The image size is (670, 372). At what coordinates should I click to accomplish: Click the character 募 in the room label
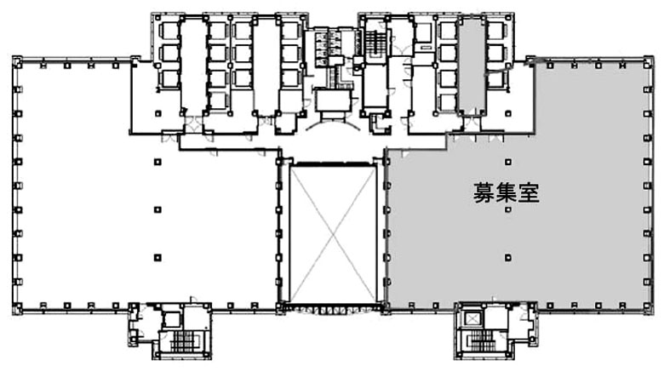point(484,192)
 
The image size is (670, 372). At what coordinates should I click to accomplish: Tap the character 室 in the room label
point(529,192)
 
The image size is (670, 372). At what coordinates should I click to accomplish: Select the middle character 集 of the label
point(507,192)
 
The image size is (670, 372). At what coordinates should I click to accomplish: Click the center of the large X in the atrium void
point(333,233)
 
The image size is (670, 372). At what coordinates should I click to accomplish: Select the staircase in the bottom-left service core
point(185,341)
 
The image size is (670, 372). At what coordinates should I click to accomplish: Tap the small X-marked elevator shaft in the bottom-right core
point(472,318)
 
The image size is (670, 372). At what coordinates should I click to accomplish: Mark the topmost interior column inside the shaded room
point(508,162)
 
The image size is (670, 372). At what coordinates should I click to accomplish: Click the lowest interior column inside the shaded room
point(508,258)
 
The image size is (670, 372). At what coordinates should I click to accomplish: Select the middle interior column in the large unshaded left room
point(157,209)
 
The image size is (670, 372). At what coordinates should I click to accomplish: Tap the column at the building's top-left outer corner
point(17,61)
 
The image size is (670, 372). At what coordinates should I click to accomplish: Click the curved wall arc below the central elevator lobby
point(334,123)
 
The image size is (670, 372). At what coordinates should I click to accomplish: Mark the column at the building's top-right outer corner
point(649,61)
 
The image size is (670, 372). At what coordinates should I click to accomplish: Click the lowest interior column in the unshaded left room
point(157,258)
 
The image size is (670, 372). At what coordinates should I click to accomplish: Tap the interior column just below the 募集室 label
point(508,209)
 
